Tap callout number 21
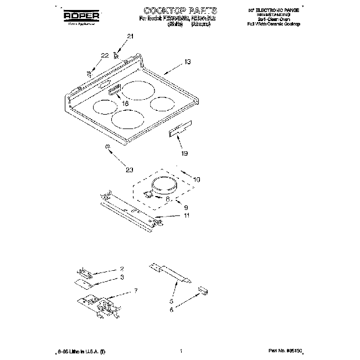tap(131, 37)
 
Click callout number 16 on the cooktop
tap(125, 103)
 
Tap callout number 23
tap(130, 169)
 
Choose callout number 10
tap(197, 179)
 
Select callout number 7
tap(136, 290)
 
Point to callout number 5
tap(171, 302)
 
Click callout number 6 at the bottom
tap(172, 311)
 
